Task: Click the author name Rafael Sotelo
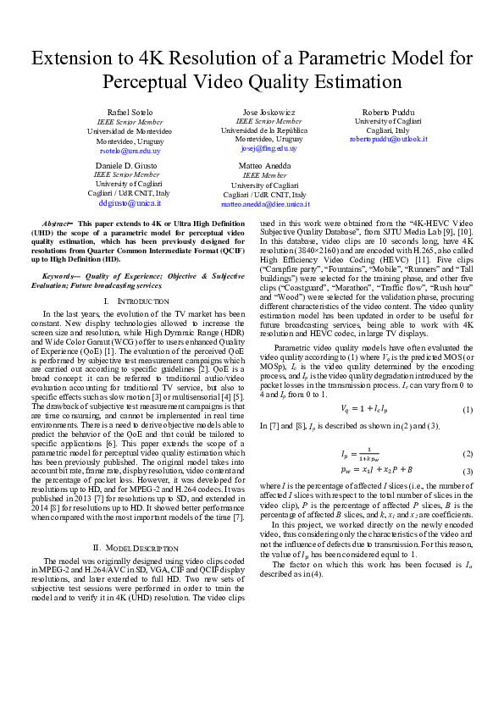pos(130,113)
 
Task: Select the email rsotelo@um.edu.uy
pos(130,150)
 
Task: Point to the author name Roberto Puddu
pos(388,113)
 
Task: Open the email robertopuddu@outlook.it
pos(388,139)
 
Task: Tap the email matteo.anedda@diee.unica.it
pos(265,204)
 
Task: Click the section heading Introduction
pos(135,301)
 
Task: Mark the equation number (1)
pos(467,410)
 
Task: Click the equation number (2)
pos(467,454)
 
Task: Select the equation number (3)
pos(467,470)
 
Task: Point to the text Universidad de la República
pos(263,130)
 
